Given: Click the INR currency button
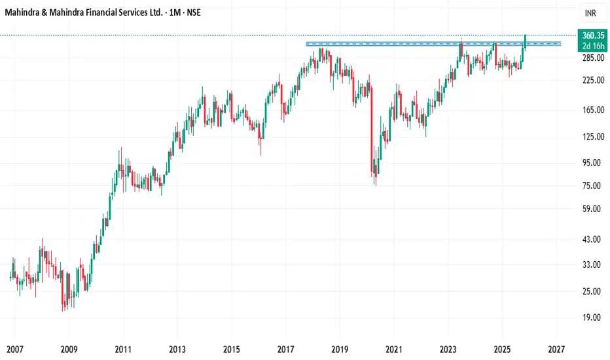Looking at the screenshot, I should point(590,12).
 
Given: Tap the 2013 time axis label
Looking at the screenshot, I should point(177,350).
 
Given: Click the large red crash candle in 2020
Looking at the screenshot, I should point(371,128).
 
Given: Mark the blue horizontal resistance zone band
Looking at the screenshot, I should point(432,44).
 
